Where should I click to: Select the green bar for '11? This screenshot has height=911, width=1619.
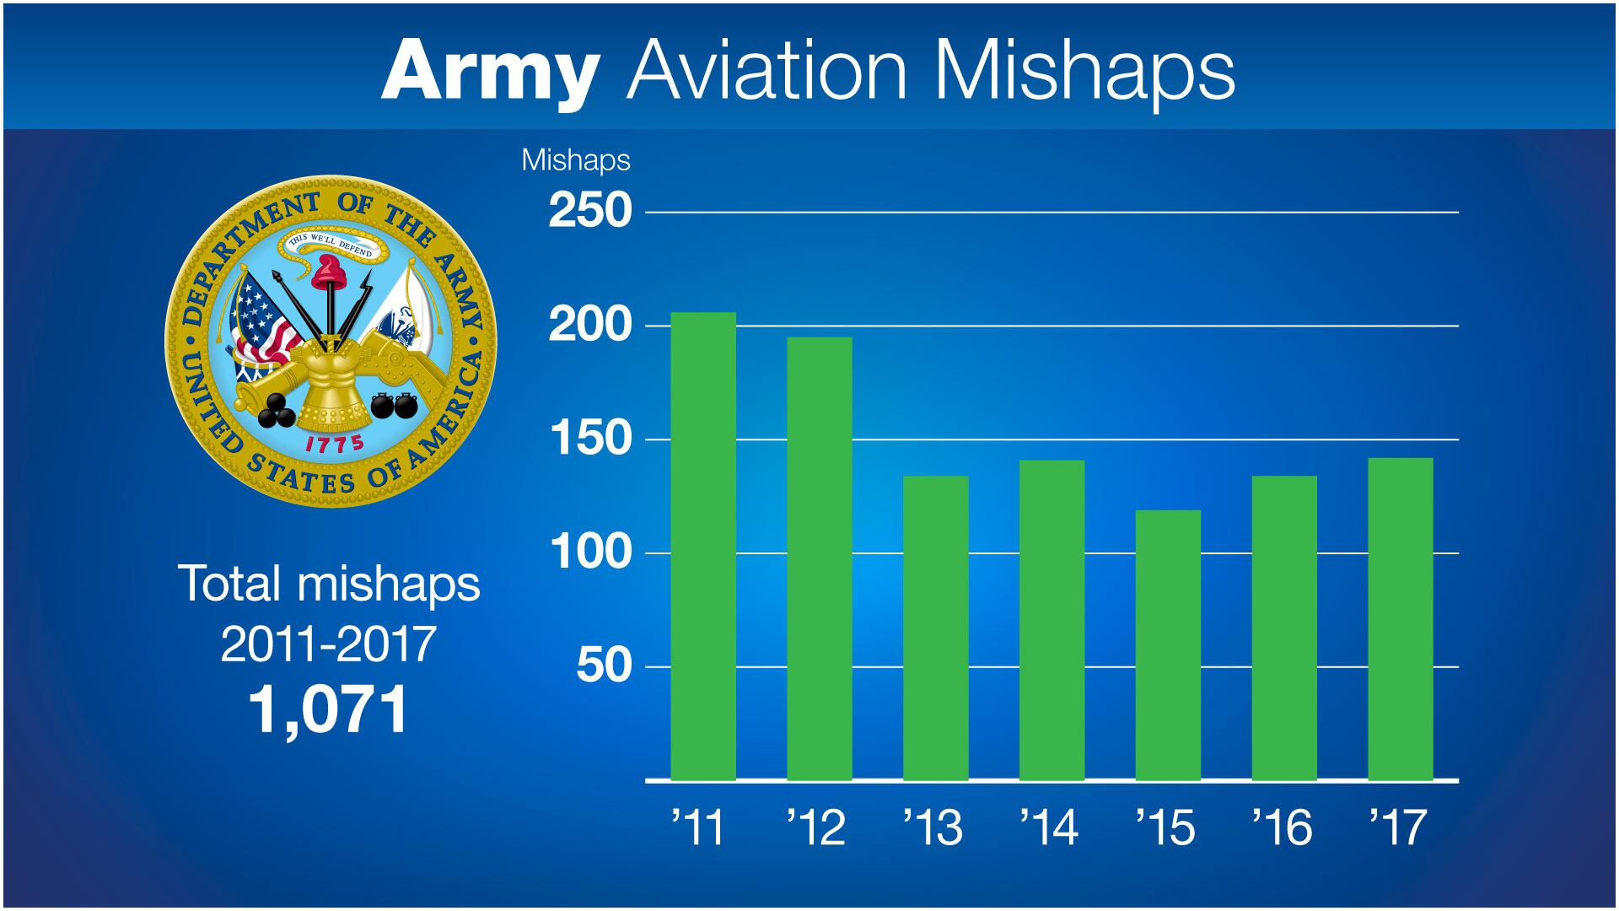(x=703, y=547)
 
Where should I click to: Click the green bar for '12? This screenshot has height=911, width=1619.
(x=820, y=558)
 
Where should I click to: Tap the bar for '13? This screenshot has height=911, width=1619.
(x=935, y=628)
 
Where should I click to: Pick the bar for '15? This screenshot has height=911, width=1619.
(x=1168, y=645)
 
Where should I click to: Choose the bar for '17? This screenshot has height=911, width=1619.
(x=1400, y=619)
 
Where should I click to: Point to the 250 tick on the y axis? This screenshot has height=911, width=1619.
(x=590, y=211)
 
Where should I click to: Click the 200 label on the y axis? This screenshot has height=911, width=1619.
(x=590, y=326)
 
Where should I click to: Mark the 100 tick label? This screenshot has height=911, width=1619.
(x=590, y=553)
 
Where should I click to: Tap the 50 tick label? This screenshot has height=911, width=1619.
(x=604, y=666)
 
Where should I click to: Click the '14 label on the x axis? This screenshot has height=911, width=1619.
(x=1049, y=827)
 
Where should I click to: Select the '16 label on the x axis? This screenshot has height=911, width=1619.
(x=1282, y=827)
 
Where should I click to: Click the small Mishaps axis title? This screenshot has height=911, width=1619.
(x=576, y=160)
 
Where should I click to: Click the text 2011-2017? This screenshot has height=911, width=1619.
(x=329, y=644)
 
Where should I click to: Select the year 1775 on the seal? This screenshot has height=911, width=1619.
(x=334, y=445)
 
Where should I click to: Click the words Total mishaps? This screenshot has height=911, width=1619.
(x=329, y=584)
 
